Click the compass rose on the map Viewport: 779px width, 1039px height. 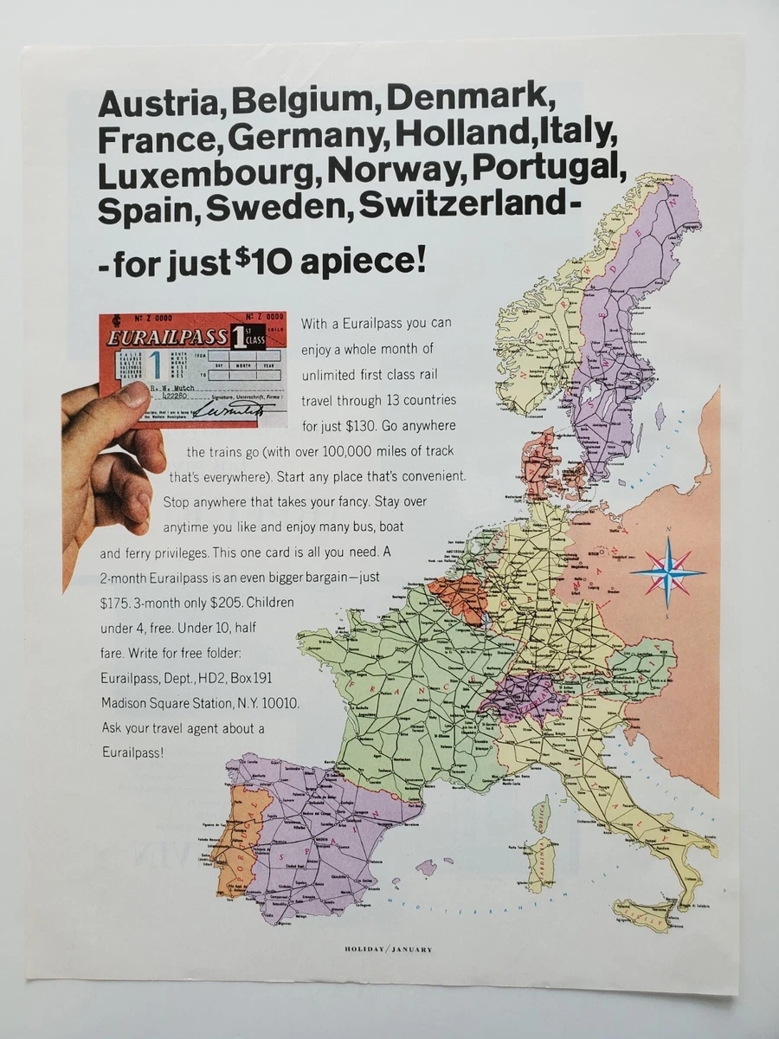tap(667, 567)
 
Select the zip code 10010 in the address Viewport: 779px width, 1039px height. tap(279, 704)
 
